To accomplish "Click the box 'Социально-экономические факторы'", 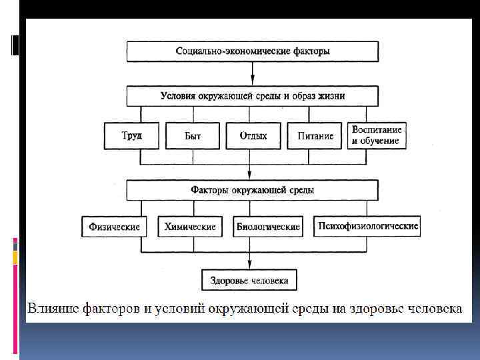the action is (x=252, y=51).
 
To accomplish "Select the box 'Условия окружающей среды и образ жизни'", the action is (x=252, y=95).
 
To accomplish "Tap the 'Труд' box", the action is (x=131, y=136).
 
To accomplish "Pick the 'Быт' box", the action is (x=192, y=136).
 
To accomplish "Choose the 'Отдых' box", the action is (x=253, y=136).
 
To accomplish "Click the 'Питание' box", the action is (x=315, y=136).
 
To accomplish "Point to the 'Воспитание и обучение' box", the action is (x=376, y=135).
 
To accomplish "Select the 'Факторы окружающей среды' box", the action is (x=252, y=191).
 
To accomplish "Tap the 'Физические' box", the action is (x=114, y=227).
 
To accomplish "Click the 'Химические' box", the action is (x=189, y=227).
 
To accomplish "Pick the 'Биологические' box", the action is (x=268, y=227).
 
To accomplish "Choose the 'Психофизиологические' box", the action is (x=367, y=226).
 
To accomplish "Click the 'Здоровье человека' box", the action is (x=249, y=280).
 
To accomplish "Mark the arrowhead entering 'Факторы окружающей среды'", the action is (x=252, y=177).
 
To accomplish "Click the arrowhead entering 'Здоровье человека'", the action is (x=249, y=266).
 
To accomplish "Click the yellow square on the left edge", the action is (x=15, y=256).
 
